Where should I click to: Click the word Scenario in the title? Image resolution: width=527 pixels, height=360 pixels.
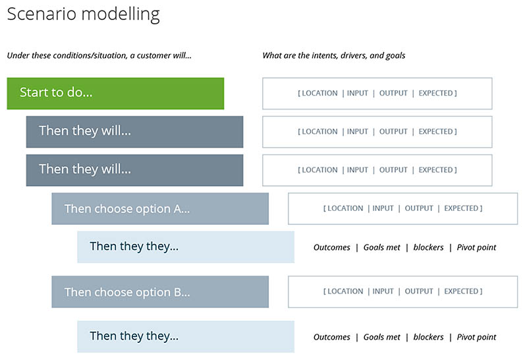(42, 14)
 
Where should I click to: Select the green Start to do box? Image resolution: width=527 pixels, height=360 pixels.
(115, 94)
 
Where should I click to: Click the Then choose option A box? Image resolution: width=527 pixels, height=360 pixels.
(160, 208)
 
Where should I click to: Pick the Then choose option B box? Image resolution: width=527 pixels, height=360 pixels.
(160, 291)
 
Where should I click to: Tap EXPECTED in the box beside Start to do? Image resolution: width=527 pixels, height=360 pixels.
(435, 93)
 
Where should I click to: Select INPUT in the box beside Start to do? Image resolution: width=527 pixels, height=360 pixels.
(357, 93)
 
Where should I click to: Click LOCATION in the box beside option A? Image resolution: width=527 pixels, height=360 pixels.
(345, 208)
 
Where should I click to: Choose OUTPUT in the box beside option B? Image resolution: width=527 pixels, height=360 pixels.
(419, 291)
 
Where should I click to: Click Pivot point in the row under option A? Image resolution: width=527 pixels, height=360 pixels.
(476, 247)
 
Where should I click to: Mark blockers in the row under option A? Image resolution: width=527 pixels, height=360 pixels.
(429, 247)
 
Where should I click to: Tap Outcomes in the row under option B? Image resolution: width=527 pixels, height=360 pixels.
(332, 337)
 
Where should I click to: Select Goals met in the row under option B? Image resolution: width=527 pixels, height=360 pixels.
(382, 337)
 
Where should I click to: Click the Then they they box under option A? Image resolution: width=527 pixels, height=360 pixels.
(186, 247)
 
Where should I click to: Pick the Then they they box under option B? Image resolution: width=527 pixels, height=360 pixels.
(186, 337)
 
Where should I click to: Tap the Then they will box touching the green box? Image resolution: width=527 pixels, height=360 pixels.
(134, 132)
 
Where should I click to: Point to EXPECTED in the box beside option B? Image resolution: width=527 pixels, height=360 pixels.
(461, 291)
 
